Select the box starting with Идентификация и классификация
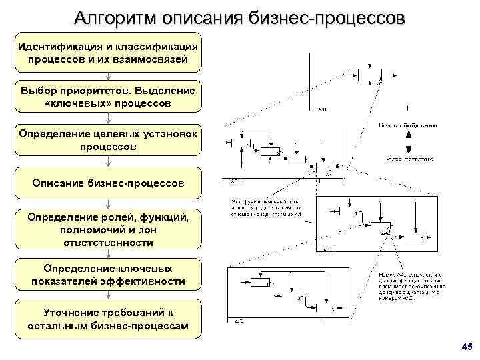point(108,53)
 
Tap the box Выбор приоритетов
point(108,98)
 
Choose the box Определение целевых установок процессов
point(108,141)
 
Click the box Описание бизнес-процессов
point(108,183)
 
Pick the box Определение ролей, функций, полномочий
point(108,229)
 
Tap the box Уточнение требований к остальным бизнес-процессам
point(108,319)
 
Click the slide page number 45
point(466,347)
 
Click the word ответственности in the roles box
point(108,242)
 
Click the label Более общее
point(408,125)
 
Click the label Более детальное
point(408,159)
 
